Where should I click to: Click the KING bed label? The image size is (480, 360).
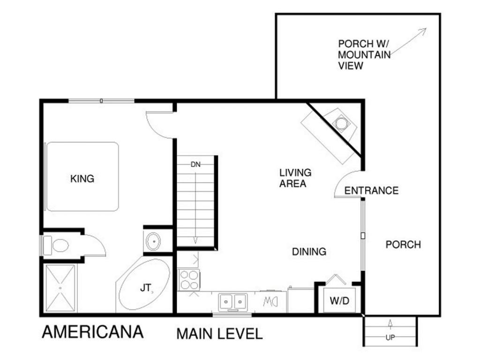[x=82, y=179]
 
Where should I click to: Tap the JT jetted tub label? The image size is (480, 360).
[x=146, y=288]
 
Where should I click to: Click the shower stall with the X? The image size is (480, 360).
[x=60, y=288]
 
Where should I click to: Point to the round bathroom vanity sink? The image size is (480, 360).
[x=153, y=241]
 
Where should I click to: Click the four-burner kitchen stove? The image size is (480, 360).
[x=189, y=280]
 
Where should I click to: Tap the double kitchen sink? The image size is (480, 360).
[x=233, y=302]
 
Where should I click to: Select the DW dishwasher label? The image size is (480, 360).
[x=270, y=302]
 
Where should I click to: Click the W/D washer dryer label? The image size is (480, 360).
[x=339, y=300]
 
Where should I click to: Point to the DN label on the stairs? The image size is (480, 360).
[x=195, y=165]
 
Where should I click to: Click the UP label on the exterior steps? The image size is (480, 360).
[x=390, y=337]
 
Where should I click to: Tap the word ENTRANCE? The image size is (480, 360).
[x=371, y=190]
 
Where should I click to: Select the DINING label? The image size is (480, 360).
[x=309, y=252]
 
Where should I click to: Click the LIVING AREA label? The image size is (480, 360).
[x=295, y=178]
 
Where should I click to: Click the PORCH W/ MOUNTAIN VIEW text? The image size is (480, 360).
[x=364, y=55]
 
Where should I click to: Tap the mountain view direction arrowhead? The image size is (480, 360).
[x=424, y=30]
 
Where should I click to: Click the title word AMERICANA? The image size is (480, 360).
[x=93, y=332]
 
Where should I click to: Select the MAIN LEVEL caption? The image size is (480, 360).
[x=219, y=334]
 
